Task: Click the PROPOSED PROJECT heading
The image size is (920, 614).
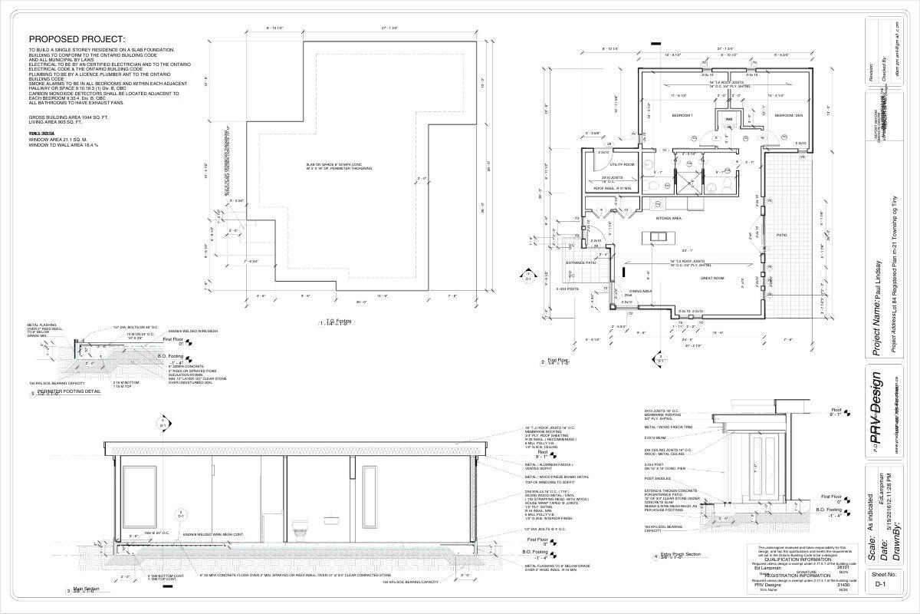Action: (x=76, y=39)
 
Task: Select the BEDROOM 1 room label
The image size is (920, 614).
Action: (x=682, y=115)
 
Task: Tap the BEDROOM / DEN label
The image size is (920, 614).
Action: (x=787, y=115)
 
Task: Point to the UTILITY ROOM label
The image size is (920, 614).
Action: (x=621, y=164)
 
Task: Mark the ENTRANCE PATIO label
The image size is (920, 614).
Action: (x=580, y=262)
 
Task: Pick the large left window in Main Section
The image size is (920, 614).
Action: (x=137, y=489)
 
